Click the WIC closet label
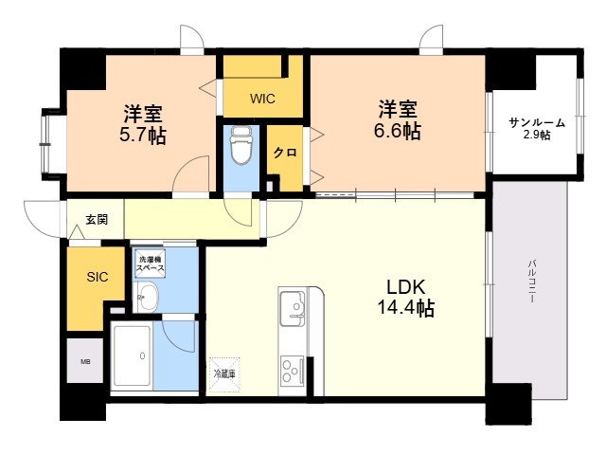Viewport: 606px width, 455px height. [x=262, y=99]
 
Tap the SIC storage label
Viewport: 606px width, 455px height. [x=97, y=277]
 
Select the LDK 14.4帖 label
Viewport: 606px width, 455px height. [x=405, y=298]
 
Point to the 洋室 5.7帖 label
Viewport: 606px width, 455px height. [x=143, y=124]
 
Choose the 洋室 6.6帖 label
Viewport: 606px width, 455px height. [x=398, y=119]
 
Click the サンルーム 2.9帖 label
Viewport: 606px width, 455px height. [x=537, y=129]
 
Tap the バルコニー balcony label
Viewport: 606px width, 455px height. [x=532, y=282]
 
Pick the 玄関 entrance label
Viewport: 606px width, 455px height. [x=97, y=220]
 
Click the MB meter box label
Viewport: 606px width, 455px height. [x=85, y=362]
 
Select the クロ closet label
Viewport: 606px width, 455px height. [x=285, y=153]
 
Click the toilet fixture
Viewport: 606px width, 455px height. [x=241, y=146]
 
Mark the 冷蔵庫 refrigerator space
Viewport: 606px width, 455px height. [x=224, y=374]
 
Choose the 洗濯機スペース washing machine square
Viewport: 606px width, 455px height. [x=151, y=264]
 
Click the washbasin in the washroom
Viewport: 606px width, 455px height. [x=148, y=298]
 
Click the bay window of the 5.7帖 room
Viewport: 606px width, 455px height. [x=45, y=145]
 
